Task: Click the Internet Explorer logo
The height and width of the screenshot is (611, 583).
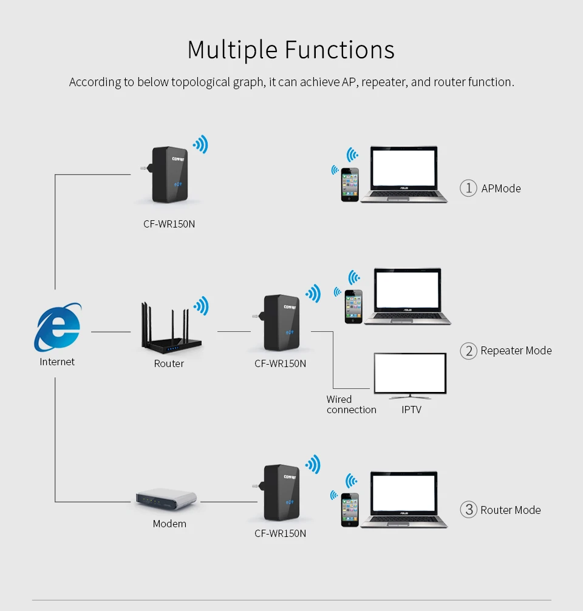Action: click(x=58, y=327)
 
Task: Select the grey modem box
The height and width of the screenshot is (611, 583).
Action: click(x=166, y=499)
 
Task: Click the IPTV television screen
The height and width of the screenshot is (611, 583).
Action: click(x=410, y=373)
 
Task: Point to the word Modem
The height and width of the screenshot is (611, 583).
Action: click(x=169, y=524)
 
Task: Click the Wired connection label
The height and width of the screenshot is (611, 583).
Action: click(x=352, y=405)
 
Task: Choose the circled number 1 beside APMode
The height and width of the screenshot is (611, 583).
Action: click(x=468, y=188)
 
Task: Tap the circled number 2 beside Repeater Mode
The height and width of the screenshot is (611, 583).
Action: click(x=468, y=351)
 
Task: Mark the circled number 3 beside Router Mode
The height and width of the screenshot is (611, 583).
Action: click(x=468, y=510)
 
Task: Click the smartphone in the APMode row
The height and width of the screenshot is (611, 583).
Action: click(x=350, y=184)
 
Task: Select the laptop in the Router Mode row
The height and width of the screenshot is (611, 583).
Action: click(x=404, y=499)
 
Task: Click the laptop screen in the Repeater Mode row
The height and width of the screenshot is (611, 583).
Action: click(x=407, y=289)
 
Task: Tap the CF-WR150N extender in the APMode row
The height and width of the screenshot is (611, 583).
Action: click(x=168, y=175)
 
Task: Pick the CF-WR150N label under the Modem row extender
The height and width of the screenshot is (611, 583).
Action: click(x=280, y=533)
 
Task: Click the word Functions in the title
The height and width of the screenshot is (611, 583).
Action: click(x=339, y=50)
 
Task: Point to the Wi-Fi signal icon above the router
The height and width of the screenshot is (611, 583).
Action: click(x=201, y=306)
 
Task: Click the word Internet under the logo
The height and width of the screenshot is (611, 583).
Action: click(x=57, y=362)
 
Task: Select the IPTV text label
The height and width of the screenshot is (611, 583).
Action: click(x=411, y=410)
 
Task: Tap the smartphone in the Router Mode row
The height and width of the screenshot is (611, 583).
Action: click(x=350, y=510)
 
